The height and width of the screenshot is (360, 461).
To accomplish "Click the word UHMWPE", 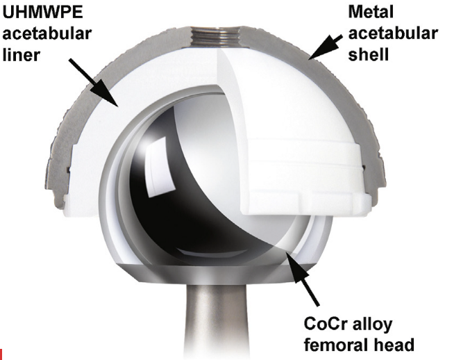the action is coord(42,13).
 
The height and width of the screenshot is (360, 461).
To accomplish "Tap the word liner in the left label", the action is coord(21,55).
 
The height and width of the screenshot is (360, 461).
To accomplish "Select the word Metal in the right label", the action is coord(371,12).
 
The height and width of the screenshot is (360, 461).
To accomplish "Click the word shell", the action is coord(369,55).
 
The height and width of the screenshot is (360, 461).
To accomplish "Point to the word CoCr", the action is coord(324,324).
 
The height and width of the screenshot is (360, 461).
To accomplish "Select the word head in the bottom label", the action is coord(392,345).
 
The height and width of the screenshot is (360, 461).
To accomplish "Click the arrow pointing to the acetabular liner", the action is coord(94,83).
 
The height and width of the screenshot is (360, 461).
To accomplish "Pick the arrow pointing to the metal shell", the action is coord(325,47).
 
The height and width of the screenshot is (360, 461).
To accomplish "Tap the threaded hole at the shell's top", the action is coord(216,35).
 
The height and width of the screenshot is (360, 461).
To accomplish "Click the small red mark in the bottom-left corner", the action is coord(1,354).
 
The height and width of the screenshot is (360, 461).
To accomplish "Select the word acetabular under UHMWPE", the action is coord(47,33).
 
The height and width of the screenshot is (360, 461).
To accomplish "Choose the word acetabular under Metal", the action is coord(393,33).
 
